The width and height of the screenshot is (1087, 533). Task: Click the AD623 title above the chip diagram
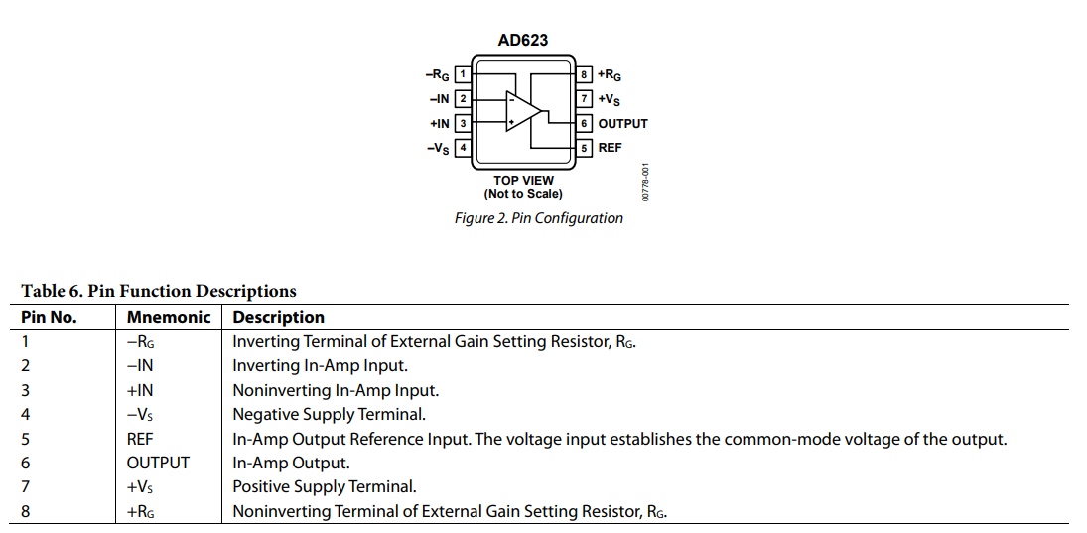coord(522,41)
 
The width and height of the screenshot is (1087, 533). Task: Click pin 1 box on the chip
coord(462,74)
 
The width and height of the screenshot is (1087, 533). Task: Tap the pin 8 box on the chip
coord(585,74)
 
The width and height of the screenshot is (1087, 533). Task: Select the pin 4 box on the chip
coord(462,148)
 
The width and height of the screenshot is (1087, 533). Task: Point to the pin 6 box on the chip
coord(585,123)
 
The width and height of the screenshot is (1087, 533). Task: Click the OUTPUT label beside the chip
coord(622,124)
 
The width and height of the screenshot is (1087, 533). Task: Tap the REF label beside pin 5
coord(610,148)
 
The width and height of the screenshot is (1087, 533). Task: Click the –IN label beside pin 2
coord(439,99)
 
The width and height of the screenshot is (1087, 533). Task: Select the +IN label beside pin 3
coord(439,124)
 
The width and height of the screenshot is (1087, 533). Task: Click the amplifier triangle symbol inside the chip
coord(522,109)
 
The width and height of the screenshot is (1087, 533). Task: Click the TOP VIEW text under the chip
coord(523,181)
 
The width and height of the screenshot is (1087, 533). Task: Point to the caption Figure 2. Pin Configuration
coord(538,218)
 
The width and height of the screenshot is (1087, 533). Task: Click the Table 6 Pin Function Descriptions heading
coord(159,291)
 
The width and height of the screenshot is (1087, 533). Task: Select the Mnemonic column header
coord(169,318)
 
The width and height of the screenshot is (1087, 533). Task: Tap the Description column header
coord(278,318)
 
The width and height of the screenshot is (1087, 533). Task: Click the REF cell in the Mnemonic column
coord(140,439)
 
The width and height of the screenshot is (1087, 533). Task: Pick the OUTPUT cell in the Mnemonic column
coord(158,463)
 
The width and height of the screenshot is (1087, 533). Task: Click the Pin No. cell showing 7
coord(26,487)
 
